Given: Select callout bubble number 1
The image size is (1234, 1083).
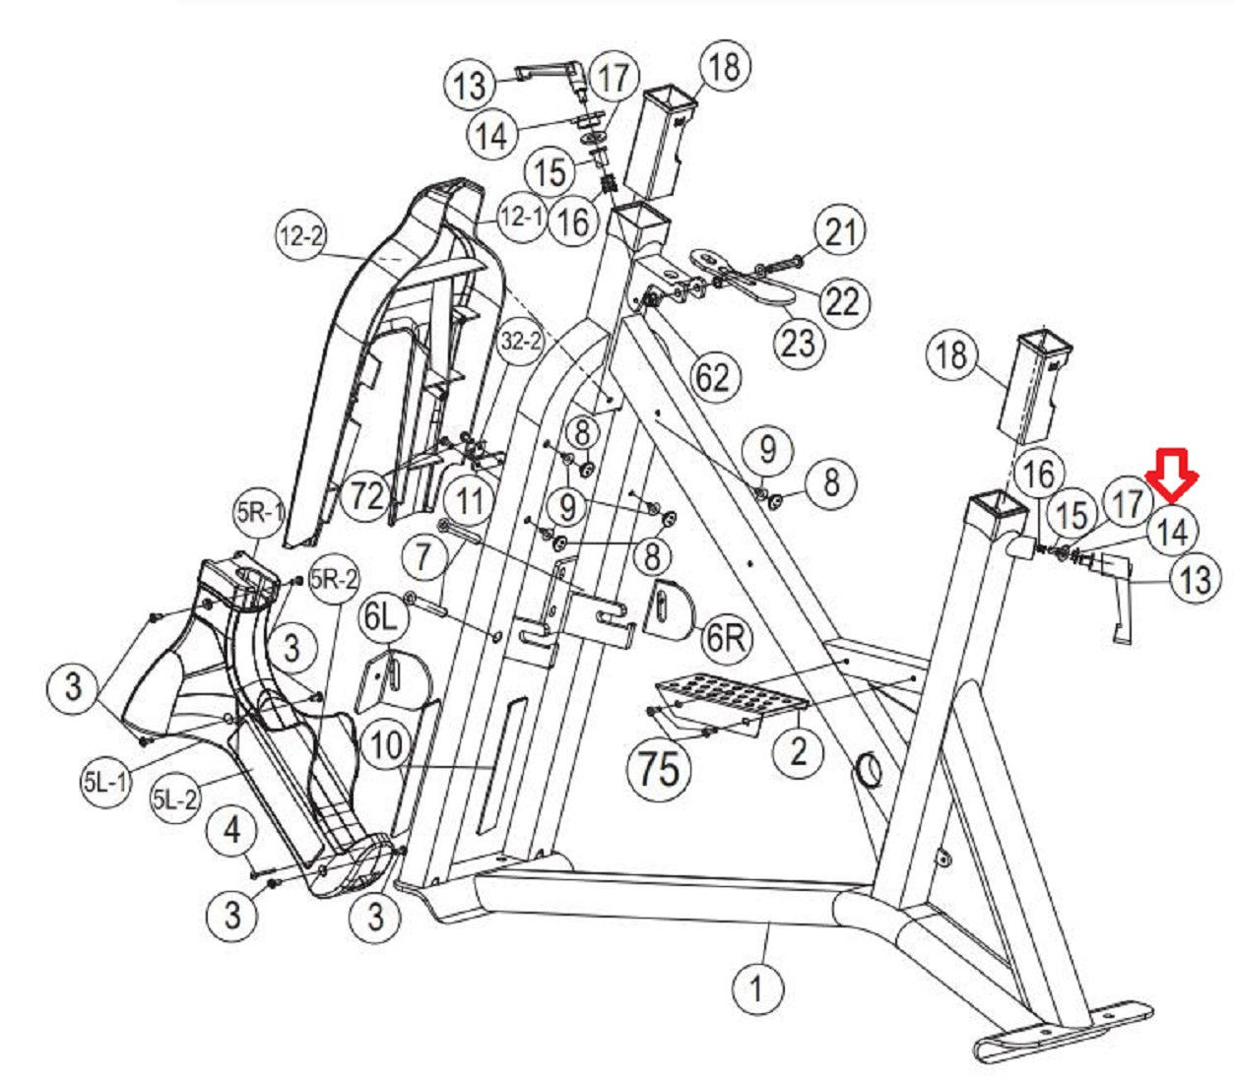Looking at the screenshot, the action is pos(756,987).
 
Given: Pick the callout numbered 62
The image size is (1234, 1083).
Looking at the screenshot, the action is pos(713,377).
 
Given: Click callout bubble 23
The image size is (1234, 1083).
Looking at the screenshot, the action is pos(799,342).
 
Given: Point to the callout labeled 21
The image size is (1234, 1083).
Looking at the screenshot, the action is pos(839,232).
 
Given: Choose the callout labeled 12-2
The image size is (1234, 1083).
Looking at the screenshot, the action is pos(301,237).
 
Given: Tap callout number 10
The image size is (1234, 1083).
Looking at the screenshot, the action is pos(385,745).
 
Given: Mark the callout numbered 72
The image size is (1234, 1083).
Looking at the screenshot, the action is pos(367,494).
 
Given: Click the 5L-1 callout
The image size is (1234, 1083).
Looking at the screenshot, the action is pos(105,782).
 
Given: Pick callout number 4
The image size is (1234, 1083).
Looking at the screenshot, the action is pos(231,830).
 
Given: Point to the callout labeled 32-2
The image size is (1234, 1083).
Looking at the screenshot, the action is pos(521,342).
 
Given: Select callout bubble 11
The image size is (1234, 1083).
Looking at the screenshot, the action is pos(470,500).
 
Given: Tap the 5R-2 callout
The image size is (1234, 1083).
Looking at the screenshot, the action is pos(333,581).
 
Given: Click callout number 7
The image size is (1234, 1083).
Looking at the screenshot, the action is pos(423,556).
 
